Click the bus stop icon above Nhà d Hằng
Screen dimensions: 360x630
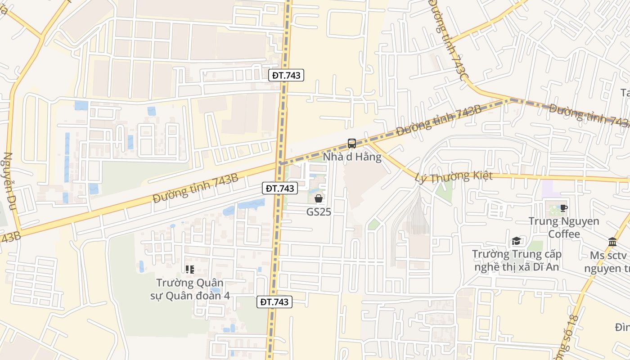pos(352,144)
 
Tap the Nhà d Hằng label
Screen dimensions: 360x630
pos(352,157)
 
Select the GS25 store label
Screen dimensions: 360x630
pos(319,211)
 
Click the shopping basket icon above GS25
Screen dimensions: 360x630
pos(319,198)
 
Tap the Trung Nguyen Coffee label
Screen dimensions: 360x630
pos(564,227)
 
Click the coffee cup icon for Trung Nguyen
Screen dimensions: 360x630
pos(563,208)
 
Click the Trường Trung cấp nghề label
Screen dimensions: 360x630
pos(517,260)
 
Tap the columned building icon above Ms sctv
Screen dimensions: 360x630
pos(612,242)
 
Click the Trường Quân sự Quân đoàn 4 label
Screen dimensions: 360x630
pos(190,289)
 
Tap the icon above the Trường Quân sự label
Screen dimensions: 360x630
pos(190,270)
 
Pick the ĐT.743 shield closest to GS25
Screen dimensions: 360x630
pos(280,188)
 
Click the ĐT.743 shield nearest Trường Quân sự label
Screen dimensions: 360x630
pos(274,301)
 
